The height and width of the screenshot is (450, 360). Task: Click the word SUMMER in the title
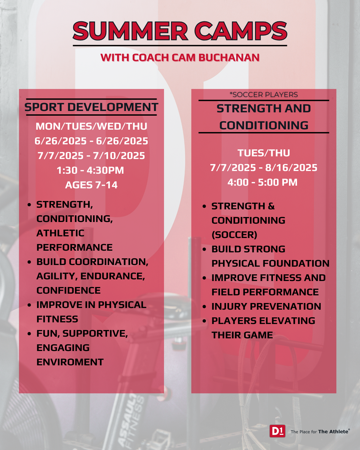[130, 31]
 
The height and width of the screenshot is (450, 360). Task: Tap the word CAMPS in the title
[241, 31]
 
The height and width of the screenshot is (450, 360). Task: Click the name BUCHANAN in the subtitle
[229, 58]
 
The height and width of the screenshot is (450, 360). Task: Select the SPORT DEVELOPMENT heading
[91, 107]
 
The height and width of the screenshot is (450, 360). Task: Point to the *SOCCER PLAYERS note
[264, 95]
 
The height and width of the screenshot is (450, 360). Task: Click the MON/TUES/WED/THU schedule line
[91, 126]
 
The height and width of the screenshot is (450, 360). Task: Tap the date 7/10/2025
[119, 156]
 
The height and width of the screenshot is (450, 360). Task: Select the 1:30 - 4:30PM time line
[90, 170]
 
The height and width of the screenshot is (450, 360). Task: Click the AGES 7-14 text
[91, 185]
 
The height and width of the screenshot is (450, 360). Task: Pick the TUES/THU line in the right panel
[264, 153]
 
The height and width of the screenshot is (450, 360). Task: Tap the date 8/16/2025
[291, 168]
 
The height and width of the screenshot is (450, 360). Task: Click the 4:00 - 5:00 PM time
[263, 182]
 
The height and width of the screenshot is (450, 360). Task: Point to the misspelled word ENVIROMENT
[70, 362]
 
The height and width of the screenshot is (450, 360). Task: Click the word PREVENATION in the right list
[286, 307]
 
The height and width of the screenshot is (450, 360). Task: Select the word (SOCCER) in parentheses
[234, 235]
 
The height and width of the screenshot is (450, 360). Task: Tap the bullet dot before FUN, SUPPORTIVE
[29, 334]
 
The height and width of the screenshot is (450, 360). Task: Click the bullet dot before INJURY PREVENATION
[204, 307]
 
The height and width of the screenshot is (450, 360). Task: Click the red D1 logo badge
[277, 431]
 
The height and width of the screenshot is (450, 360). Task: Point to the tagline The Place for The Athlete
[320, 431]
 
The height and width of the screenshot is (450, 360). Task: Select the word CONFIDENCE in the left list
[69, 290]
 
